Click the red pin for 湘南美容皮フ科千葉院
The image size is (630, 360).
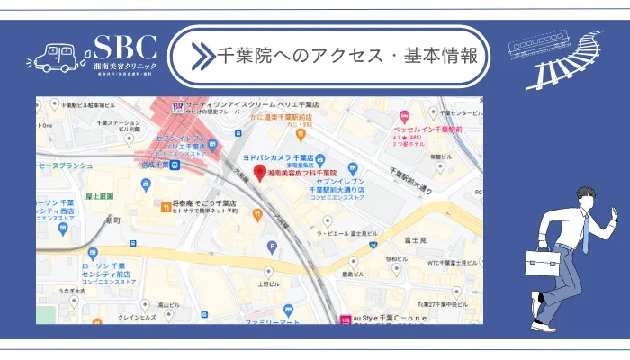(x=259, y=171)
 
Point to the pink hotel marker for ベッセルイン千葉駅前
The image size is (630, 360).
(x=405, y=117)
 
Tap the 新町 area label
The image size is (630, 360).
(x=112, y=220)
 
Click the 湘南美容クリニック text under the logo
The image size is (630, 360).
(x=125, y=67)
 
